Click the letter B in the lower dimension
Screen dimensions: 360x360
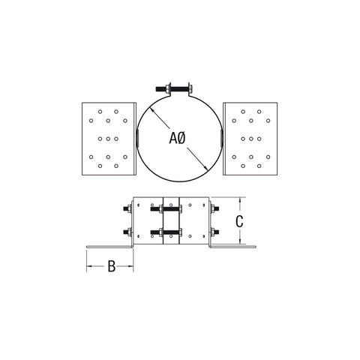tap(110, 266)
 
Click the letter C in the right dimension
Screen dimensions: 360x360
tap(238, 220)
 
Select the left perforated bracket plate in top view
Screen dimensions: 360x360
tap(108, 138)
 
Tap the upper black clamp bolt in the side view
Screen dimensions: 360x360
tap(170, 210)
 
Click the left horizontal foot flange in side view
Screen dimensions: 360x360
tap(109, 246)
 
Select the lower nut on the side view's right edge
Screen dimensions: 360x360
tap(215, 231)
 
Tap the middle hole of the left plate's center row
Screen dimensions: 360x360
tap(108, 138)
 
